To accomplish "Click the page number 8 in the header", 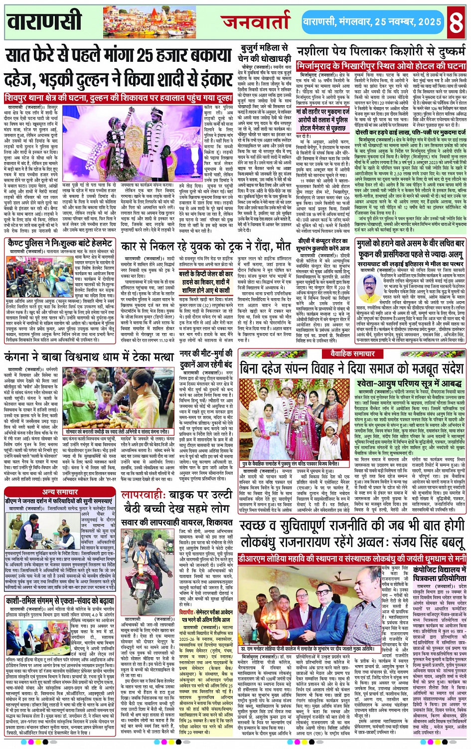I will [x=456, y=21].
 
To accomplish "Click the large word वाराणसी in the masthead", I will [x=45, y=21].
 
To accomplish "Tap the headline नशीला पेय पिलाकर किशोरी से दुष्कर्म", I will [x=381, y=52].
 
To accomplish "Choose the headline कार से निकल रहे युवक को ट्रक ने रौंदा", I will [x=206, y=246].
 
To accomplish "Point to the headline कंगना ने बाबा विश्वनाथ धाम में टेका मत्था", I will [x=90, y=357].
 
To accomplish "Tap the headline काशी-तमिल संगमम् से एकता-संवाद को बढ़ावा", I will [x=60, y=600].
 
